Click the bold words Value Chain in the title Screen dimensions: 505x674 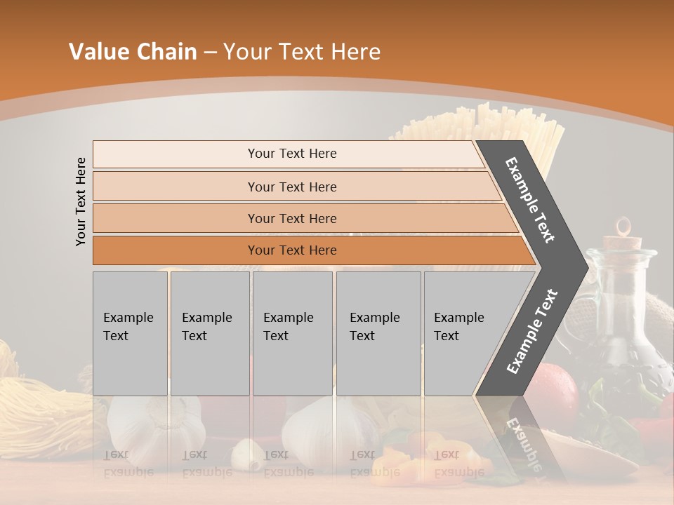point(133,52)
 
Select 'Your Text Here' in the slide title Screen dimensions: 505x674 point(302,52)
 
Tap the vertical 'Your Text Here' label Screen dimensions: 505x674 point(81,201)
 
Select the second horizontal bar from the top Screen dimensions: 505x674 point(291,187)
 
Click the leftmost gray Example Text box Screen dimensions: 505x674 point(130,333)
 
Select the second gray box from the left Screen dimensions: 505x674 point(209,333)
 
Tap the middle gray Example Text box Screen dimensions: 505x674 point(292,333)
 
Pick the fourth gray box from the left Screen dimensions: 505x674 point(378,333)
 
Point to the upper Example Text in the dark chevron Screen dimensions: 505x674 point(530,200)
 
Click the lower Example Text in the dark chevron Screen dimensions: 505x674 point(532,331)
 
